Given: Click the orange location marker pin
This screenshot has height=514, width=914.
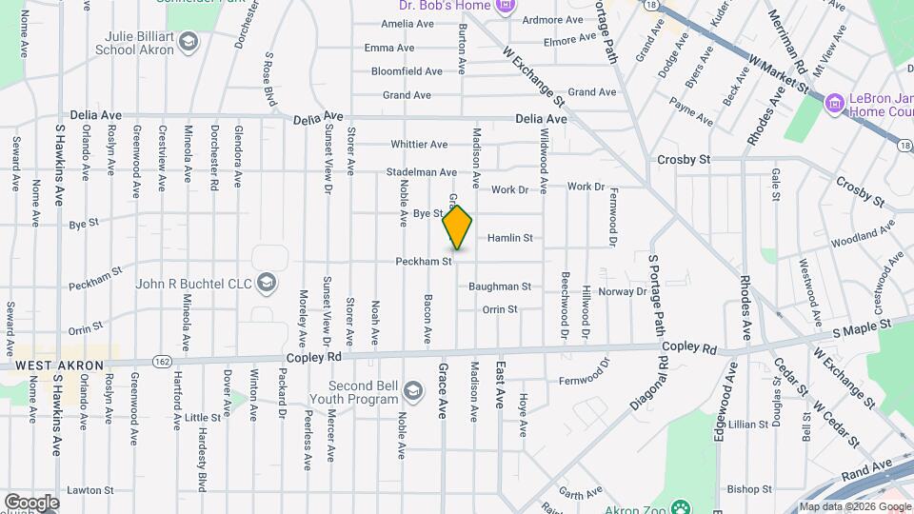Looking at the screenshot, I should pyautogui.click(x=458, y=227).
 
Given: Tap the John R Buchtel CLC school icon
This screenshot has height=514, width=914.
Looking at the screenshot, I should pyautogui.click(x=268, y=283).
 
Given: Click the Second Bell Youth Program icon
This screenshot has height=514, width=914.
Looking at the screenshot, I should pyautogui.click(x=412, y=391).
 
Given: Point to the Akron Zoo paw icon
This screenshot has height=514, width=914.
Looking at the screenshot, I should pyautogui.click(x=680, y=505).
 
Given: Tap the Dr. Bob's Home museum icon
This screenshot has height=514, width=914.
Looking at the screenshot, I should pyautogui.click(x=506, y=7).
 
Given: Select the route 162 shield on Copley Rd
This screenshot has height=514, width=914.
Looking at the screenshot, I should pyautogui.click(x=161, y=361).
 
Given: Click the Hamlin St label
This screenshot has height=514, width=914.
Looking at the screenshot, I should pyautogui.click(x=509, y=238).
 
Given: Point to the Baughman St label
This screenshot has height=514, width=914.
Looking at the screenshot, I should pyautogui.click(x=499, y=287).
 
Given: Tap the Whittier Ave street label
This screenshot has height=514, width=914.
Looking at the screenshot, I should pyautogui.click(x=419, y=145).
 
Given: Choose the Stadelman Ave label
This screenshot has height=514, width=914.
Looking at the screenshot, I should pyautogui.click(x=422, y=172).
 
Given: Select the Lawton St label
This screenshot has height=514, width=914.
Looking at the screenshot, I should pyautogui.click(x=91, y=490).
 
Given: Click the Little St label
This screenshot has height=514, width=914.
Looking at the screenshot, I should pyautogui.click(x=203, y=417).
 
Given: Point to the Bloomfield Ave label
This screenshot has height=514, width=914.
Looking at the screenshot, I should pyautogui.click(x=407, y=71).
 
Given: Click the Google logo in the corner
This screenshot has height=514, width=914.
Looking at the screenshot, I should pyautogui.click(x=31, y=503).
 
